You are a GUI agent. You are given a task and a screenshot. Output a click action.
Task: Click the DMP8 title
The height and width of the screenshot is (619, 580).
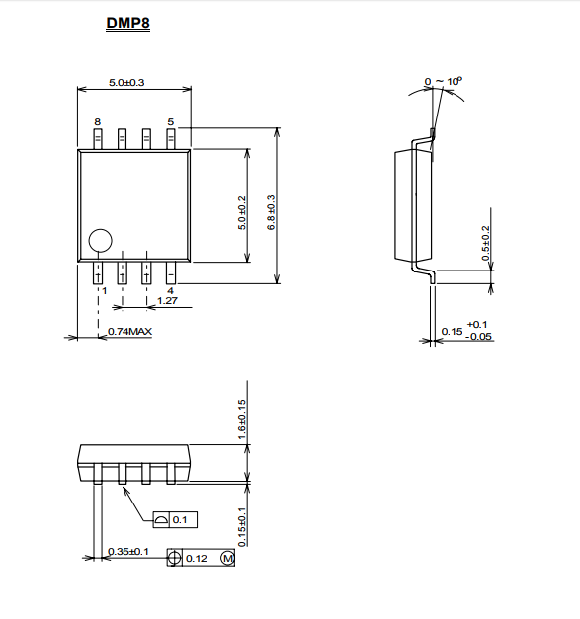point(128,23)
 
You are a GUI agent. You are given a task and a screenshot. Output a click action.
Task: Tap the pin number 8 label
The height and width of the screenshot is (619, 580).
point(97,122)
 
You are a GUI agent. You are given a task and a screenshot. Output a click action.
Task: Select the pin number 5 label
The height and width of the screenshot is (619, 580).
point(171,122)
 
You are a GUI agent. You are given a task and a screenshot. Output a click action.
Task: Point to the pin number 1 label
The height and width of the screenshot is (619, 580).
point(105,291)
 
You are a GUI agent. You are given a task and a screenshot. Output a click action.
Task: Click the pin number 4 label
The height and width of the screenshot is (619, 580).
point(170,291)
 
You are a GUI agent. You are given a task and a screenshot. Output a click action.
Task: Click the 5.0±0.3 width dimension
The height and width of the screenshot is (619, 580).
point(126,83)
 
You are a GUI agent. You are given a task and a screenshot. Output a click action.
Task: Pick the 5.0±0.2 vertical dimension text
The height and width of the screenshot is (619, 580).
point(242,213)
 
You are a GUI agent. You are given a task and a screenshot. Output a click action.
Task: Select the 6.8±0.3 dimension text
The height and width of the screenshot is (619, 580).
point(271,212)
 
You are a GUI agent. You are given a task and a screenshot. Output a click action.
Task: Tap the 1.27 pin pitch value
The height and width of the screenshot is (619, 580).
point(168,301)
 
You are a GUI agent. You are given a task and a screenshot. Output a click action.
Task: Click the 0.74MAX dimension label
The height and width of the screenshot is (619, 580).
point(130,331)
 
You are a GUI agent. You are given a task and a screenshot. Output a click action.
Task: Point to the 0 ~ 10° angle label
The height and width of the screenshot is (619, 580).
point(444,81)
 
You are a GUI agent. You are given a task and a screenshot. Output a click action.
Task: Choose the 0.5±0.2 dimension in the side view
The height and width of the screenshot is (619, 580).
point(485,243)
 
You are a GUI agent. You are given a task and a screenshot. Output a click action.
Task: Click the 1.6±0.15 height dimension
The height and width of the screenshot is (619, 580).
point(242,420)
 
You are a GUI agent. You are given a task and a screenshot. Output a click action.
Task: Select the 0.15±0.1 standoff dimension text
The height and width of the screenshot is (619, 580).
point(242,527)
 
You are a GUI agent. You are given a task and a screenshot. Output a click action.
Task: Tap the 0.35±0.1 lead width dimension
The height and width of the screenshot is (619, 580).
point(128,551)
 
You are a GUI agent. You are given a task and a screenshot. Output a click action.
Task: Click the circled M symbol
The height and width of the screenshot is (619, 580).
point(228,558)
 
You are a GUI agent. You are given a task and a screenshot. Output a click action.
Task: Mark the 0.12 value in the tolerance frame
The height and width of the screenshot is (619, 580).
point(197,558)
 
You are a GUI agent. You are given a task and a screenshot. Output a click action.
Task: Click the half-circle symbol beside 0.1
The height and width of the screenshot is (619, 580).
point(161,520)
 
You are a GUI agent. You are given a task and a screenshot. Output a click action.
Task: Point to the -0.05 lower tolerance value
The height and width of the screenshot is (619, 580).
point(479,337)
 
